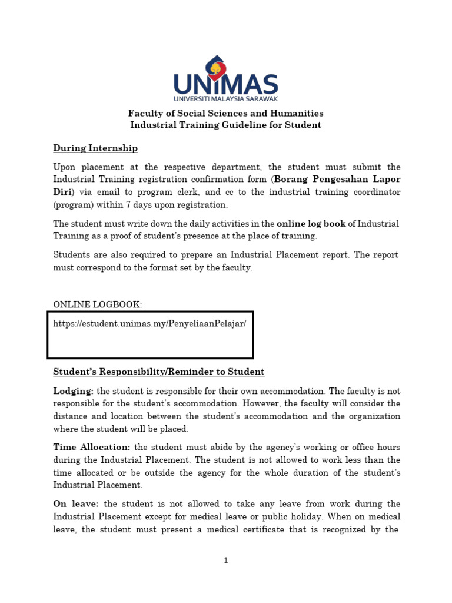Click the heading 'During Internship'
(95, 148)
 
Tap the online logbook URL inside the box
(149, 324)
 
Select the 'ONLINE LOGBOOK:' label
(98, 304)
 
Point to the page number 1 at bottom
(226, 560)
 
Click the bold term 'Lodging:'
(74, 391)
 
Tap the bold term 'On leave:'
(77, 504)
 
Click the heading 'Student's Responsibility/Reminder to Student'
(159, 372)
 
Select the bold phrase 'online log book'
(311, 224)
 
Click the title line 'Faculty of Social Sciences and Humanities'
(226, 113)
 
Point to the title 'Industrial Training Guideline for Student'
(226, 125)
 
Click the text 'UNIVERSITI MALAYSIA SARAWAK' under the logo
(226, 98)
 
